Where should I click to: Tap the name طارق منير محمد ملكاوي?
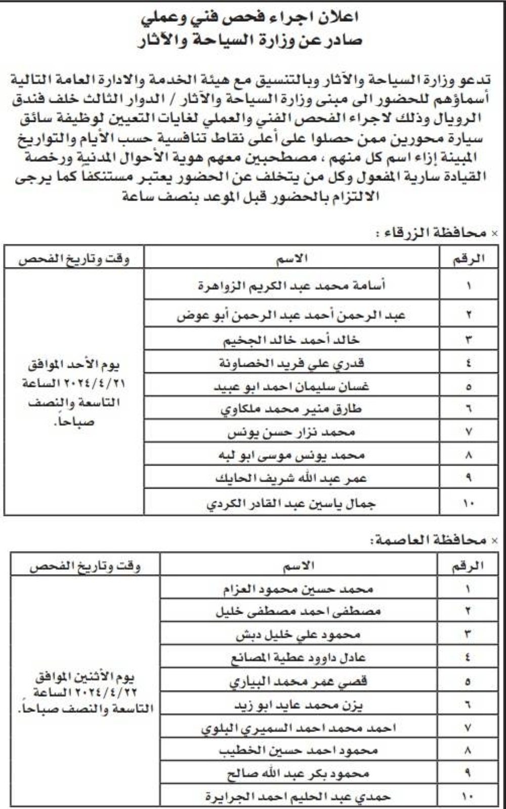click(291, 409)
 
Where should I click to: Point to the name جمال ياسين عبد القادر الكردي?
click(291, 504)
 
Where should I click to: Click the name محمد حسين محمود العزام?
click(298, 589)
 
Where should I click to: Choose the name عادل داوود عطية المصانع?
click(298, 658)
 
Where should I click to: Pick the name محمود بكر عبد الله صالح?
click(298, 774)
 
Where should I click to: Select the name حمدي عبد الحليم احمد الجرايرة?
click(298, 796)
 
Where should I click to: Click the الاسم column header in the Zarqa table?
click(291, 259)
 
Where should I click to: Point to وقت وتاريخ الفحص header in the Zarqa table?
click(74, 259)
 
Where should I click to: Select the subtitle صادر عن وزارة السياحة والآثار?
click(250, 40)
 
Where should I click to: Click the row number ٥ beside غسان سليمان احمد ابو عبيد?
click(469, 387)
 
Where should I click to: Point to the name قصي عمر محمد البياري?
click(298, 681)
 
